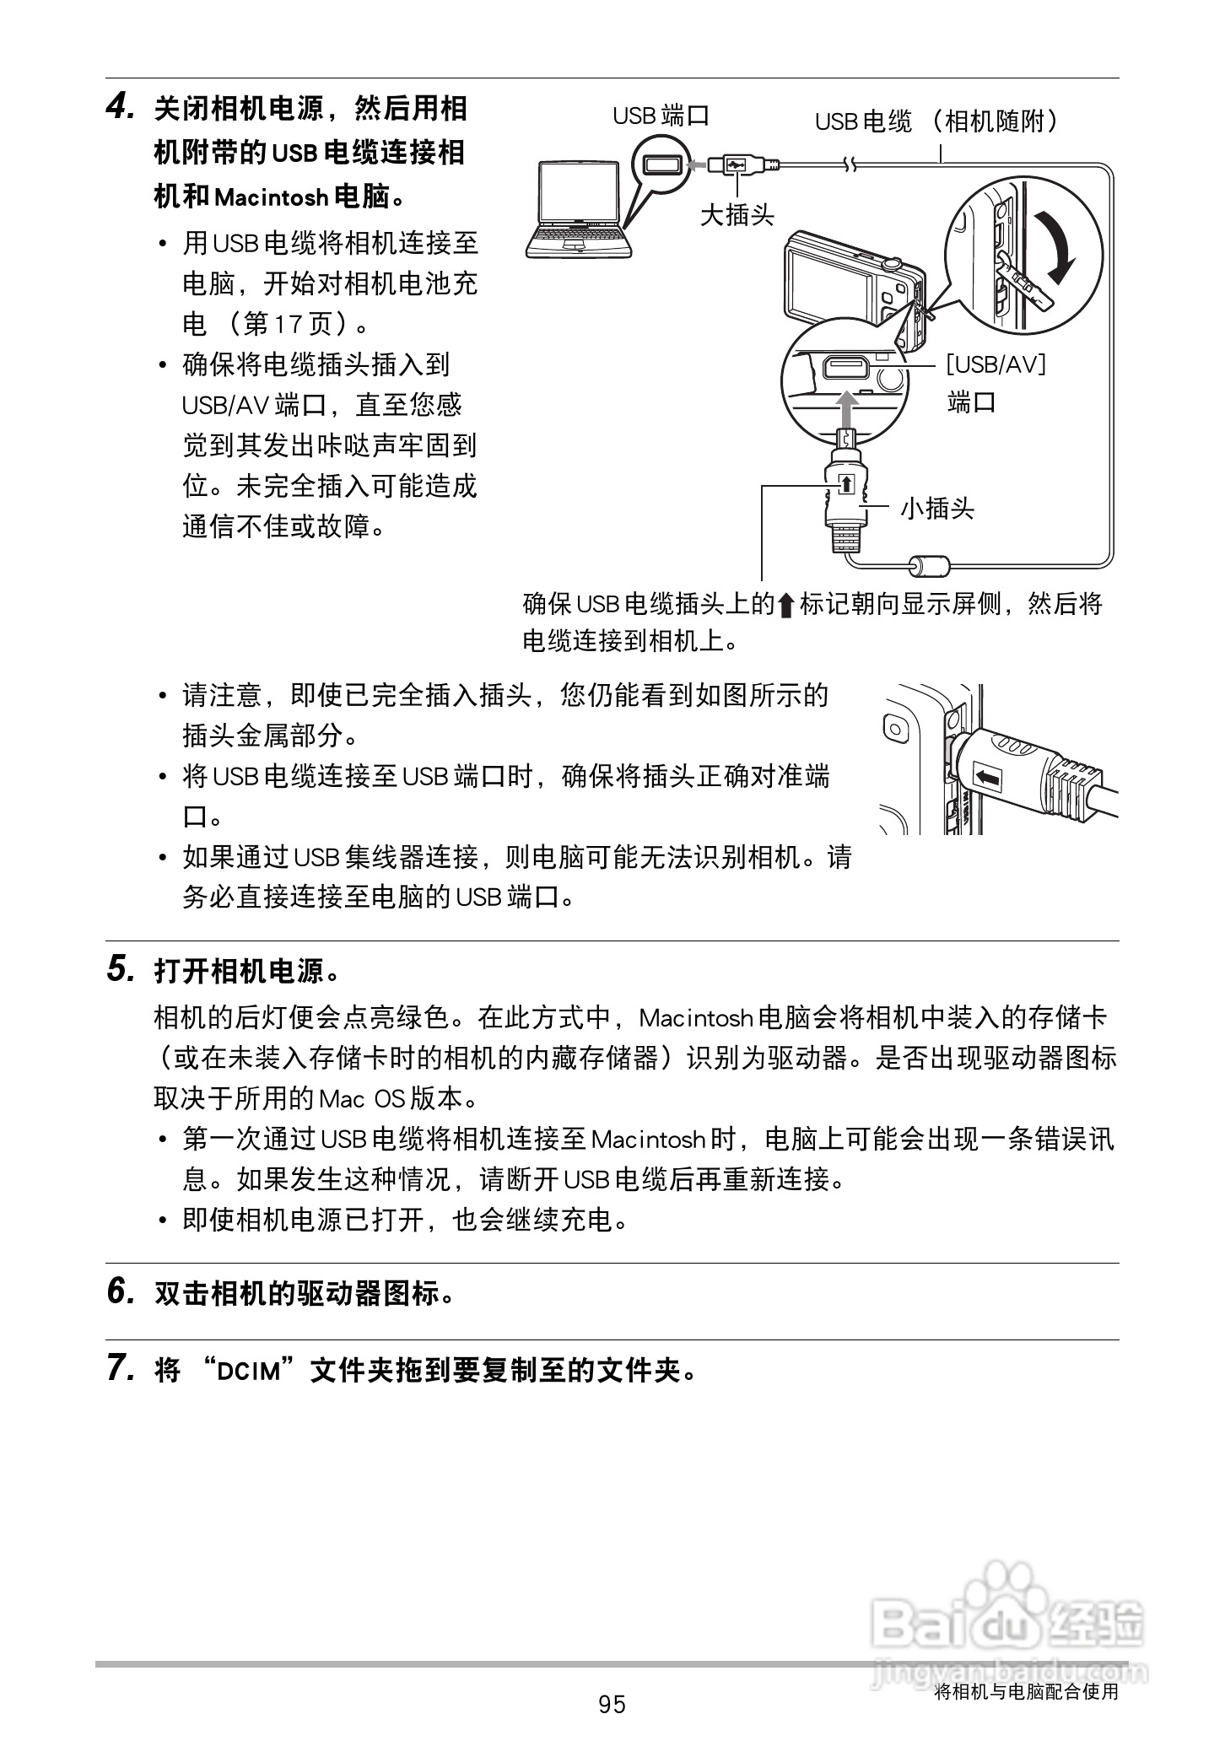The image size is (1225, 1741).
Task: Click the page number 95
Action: (612, 1705)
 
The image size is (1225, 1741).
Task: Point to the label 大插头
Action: (737, 215)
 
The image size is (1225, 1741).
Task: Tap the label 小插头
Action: (936, 508)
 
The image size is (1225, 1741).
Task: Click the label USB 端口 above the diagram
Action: (661, 116)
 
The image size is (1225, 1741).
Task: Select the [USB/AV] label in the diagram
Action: (996, 364)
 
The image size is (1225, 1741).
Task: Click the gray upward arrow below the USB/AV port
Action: (848, 407)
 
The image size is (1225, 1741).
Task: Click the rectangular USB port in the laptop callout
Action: (661, 164)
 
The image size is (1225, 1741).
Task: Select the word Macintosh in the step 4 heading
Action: (271, 198)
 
